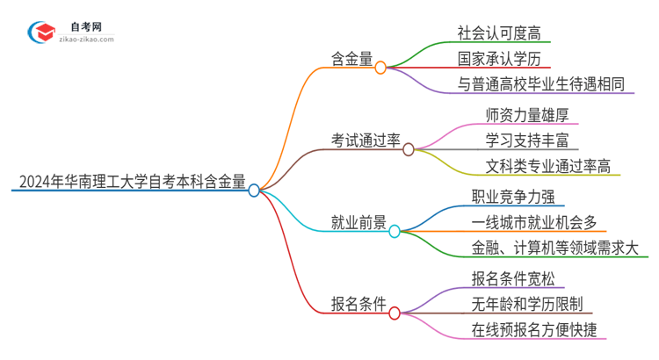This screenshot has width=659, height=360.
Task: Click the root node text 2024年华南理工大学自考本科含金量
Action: point(130,183)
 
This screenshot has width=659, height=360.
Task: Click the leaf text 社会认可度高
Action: point(498,32)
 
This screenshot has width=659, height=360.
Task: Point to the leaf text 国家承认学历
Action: point(498,59)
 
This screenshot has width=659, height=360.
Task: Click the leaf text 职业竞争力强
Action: point(512,196)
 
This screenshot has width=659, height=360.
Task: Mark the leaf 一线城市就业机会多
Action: point(533,222)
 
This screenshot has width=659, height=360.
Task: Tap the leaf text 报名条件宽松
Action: point(512,278)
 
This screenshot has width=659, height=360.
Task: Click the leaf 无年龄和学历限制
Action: point(526,305)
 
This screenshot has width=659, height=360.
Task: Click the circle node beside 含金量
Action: point(380,68)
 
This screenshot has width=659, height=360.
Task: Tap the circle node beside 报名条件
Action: point(395,313)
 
